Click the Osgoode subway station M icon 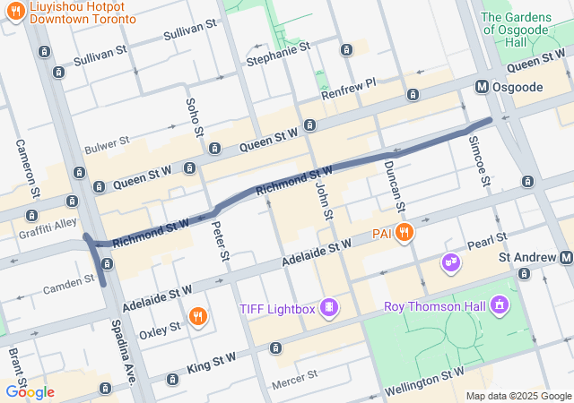(x=483, y=86)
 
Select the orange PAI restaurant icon (x=404, y=233)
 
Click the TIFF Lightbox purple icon (x=329, y=309)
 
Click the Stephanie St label (x=277, y=53)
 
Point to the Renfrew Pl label (x=349, y=89)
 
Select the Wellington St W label (x=424, y=382)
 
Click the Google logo (x=30, y=392)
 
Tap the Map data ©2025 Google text (x=518, y=396)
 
